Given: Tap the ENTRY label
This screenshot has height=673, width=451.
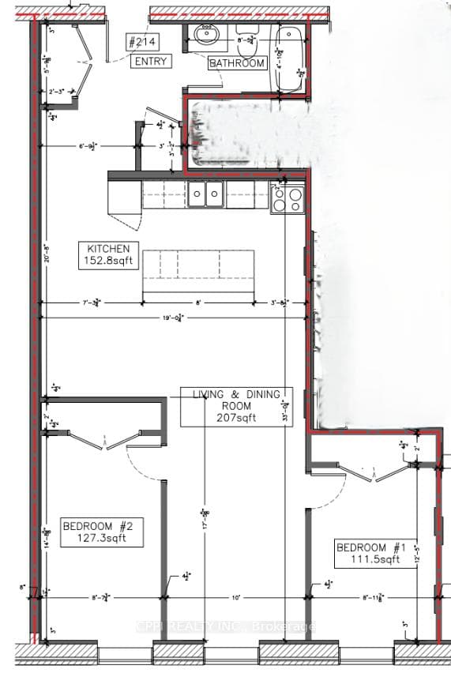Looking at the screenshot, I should (150, 61).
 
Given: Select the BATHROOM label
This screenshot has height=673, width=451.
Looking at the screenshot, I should (238, 63).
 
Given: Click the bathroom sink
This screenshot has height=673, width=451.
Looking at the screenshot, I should (209, 35).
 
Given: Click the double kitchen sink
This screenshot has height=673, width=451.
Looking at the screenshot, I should (205, 194).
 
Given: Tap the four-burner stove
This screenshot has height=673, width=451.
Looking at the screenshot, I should (288, 197).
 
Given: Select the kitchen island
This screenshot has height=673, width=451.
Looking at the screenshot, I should (198, 270).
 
